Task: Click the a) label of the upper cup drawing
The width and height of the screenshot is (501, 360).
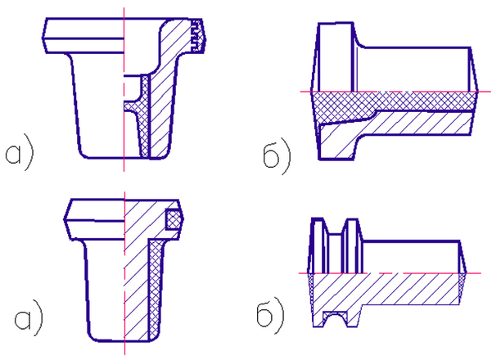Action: [x=19, y=153]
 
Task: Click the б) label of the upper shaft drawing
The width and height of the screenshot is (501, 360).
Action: [x=278, y=156]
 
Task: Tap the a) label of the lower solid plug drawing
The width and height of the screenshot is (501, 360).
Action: [x=29, y=317]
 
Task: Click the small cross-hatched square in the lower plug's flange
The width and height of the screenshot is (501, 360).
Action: [x=174, y=219]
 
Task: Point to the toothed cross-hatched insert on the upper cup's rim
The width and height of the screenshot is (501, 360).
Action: [x=198, y=35]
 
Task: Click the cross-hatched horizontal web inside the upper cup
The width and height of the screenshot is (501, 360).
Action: [x=133, y=106]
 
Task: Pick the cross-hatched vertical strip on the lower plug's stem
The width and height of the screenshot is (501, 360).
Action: [x=155, y=290]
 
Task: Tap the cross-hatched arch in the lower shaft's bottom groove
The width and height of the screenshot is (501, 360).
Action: [x=336, y=317]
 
